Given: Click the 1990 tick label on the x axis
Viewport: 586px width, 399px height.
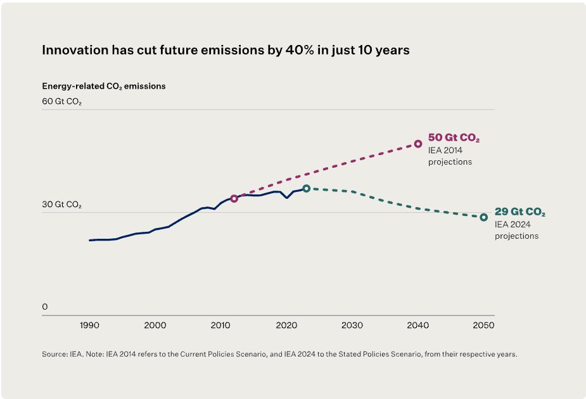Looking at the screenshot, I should (89, 325).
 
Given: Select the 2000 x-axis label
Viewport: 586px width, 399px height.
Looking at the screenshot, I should (155, 325).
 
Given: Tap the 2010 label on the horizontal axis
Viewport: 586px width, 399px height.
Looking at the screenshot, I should (220, 325).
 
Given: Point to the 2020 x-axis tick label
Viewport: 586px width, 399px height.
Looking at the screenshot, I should (286, 325).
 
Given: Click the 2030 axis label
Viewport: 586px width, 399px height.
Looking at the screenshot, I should (352, 325).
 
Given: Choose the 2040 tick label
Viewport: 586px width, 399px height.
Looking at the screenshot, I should (418, 325).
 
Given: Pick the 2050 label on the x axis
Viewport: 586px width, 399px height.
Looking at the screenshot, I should (483, 325).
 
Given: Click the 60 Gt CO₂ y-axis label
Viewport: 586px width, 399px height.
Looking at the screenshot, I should (61, 101).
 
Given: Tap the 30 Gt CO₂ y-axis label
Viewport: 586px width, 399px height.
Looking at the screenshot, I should (61, 205).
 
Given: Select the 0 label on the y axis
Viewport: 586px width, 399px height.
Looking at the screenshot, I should (45, 307).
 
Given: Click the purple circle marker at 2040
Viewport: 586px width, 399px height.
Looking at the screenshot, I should (418, 144).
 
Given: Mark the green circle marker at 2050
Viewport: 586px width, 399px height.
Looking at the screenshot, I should (483, 217).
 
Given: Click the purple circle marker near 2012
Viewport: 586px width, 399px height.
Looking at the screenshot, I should (234, 198).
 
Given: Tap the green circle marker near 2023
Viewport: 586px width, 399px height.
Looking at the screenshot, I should (306, 188).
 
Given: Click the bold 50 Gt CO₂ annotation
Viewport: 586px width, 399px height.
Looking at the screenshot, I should (454, 138).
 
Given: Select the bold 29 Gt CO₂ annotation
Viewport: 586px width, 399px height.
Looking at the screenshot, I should (519, 212).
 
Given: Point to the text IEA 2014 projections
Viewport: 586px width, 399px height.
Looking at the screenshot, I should (450, 156).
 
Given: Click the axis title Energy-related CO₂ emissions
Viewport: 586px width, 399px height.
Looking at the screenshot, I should (104, 86).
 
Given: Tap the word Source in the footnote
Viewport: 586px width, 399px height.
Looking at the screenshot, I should (54, 354).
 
